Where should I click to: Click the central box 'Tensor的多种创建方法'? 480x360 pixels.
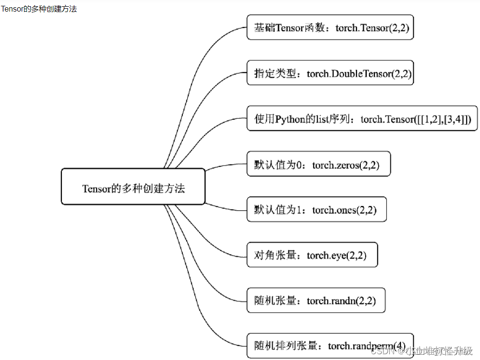(x=133, y=187)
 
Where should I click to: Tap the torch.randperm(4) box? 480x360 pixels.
(x=330, y=346)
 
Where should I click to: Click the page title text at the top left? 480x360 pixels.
(x=39, y=9)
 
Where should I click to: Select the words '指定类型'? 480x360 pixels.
(x=275, y=73)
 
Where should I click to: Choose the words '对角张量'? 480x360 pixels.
(x=275, y=255)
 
